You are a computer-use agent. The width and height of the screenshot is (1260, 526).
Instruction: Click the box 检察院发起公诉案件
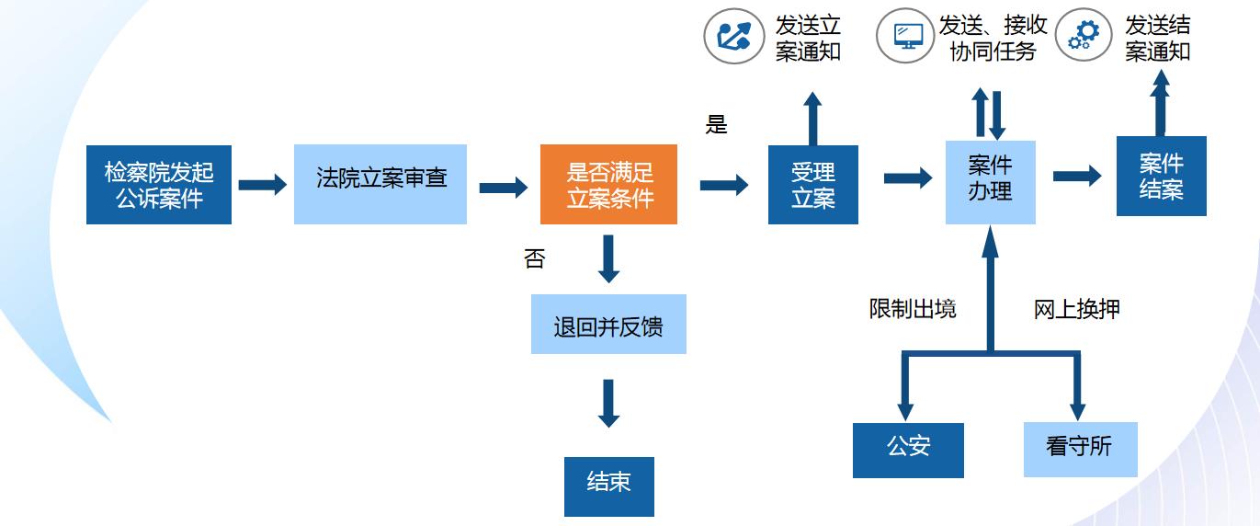[x=159, y=184]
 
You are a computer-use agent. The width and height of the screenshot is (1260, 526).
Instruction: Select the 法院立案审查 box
[x=380, y=184]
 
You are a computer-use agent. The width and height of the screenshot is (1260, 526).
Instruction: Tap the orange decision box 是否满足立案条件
[x=608, y=184]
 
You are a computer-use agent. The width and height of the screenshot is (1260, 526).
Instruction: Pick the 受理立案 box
[x=812, y=184]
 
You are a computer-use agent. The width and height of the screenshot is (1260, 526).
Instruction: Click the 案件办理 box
[x=990, y=181]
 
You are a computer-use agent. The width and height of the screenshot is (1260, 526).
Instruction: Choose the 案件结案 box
[x=1161, y=177]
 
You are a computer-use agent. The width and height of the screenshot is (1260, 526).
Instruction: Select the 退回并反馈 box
[x=608, y=325]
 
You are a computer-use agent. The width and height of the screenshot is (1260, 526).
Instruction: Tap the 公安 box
[x=908, y=450]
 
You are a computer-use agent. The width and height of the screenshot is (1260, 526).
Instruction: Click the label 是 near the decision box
[x=716, y=125]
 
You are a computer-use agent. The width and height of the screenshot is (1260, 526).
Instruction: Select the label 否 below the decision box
[x=534, y=259]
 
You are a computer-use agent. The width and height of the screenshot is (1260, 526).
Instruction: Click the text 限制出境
[x=913, y=309]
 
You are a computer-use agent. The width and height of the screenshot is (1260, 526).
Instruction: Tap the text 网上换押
[x=1076, y=309]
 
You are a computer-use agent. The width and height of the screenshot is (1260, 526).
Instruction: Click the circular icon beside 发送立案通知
[x=733, y=37]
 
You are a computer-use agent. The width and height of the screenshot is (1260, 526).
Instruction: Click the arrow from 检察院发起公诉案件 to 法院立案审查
[x=262, y=185]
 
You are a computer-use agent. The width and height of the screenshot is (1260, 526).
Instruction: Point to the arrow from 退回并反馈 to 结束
[x=608, y=403]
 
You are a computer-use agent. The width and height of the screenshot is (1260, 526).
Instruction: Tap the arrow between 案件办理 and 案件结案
[x=1076, y=176]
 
